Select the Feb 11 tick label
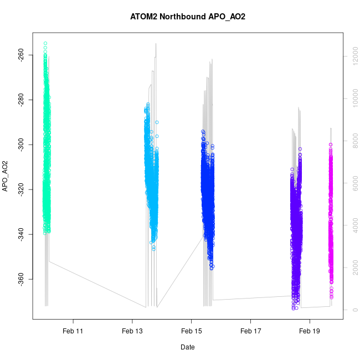pyautogui.click(x=73, y=331)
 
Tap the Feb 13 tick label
pyautogui.click(x=132, y=331)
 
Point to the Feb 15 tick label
pyautogui.click(x=191, y=331)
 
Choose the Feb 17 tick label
pyautogui.click(x=250, y=331)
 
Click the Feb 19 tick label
pyautogui.click(x=310, y=331)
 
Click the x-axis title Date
pyautogui.click(x=187, y=347)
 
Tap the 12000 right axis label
pyautogui.click(x=351, y=56)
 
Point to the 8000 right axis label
pyautogui.click(x=351, y=141)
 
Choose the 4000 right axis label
pyautogui.click(x=351, y=225)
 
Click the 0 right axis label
pyautogui.click(x=351, y=309)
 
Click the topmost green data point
pyautogui.click(x=45, y=43)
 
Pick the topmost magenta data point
pyautogui.click(x=331, y=145)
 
